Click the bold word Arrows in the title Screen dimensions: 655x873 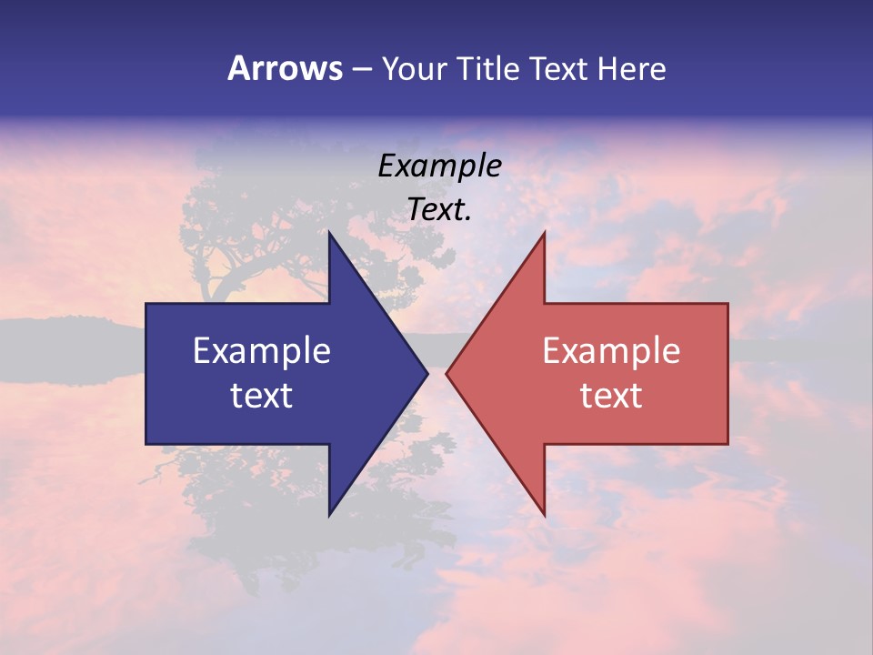[x=286, y=68]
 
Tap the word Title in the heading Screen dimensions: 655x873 [x=487, y=69]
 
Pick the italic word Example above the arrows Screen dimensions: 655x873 [x=440, y=166]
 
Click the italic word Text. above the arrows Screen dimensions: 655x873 [x=440, y=209]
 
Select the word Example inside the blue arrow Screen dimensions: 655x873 [x=262, y=350]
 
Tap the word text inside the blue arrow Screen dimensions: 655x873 [x=262, y=395]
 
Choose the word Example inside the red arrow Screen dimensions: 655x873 [x=611, y=350]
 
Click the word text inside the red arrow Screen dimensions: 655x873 [x=611, y=395]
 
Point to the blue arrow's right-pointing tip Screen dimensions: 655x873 [x=426, y=373]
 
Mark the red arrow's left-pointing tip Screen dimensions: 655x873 [x=447, y=373]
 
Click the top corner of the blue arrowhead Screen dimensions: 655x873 [x=330, y=234]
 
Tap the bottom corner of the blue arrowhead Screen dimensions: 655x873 [x=330, y=514]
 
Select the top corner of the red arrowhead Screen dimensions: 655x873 [x=544, y=234]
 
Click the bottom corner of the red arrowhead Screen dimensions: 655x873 [x=544, y=514]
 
